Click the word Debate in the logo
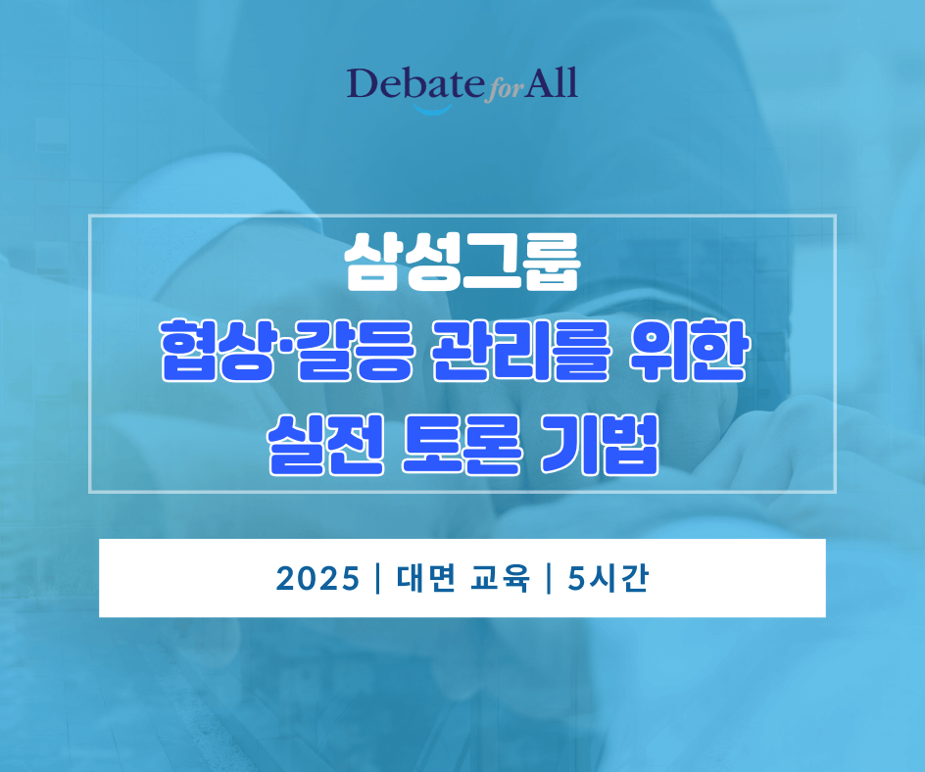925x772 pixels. pos(414,85)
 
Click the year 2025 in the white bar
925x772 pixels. pos(317,579)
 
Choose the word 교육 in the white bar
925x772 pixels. pos(503,579)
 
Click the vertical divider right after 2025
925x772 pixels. pos(377,579)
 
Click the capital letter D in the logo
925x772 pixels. pos(364,84)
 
